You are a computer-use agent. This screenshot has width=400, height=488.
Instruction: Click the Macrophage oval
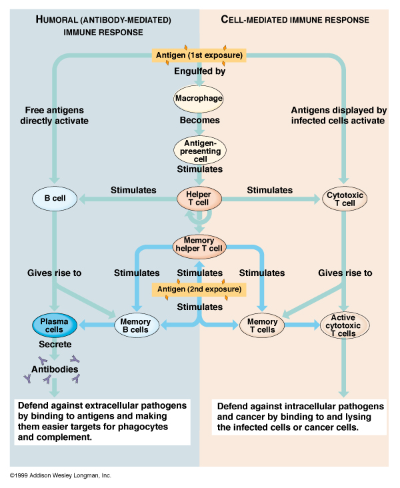tap(198, 99)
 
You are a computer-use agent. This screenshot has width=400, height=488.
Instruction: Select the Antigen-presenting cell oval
tap(199, 151)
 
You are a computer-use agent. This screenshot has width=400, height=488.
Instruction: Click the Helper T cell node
tap(198, 198)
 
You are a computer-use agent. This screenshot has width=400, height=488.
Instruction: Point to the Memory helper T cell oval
tap(199, 244)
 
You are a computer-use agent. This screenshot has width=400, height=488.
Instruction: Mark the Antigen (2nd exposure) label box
tap(199, 289)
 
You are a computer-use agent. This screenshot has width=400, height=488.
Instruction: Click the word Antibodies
tap(55, 369)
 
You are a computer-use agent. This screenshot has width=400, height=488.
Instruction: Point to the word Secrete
tap(55, 345)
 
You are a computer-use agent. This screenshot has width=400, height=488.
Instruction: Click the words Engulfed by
tap(199, 71)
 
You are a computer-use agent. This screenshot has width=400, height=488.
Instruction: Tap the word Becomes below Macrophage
tap(199, 121)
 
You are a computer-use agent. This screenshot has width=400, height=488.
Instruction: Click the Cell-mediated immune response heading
tap(295, 20)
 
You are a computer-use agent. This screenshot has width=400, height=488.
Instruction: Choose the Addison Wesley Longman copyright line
tap(61, 475)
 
